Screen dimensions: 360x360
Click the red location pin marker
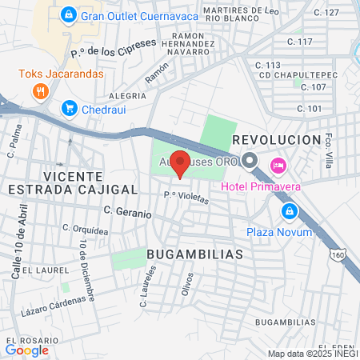coord(181,162)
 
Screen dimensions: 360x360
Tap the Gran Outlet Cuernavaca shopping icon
coord(70,15)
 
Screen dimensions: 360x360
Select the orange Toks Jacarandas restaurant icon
coord(39,90)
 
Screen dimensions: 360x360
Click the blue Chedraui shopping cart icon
coord(70,107)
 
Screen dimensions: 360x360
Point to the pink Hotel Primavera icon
coord(278,165)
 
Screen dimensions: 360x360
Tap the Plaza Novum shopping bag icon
coord(288,212)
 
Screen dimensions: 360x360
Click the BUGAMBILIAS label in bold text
coord(194,253)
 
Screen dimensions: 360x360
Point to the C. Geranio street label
coord(127,213)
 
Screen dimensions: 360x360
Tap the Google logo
coord(27,350)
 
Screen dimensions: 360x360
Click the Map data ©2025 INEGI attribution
coord(312,354)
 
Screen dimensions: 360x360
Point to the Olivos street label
coord(187,283)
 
